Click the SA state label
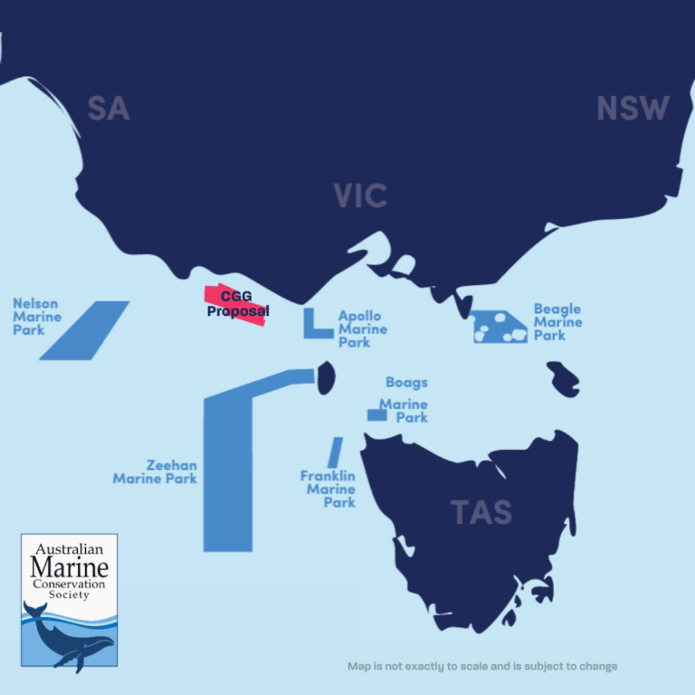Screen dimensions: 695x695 (x=109, y=109)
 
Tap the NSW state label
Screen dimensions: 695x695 (x=633, y=109)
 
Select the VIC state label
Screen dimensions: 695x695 (x=360, y=195)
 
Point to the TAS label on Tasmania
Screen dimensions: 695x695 (x=481, y=512)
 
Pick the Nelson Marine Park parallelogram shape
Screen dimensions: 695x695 (x=84, y=330)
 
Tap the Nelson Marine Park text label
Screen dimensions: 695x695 (x=37, y=317)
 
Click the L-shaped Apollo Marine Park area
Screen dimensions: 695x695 (x=313, y=328)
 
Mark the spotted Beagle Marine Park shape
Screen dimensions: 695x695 (x=500, y=327)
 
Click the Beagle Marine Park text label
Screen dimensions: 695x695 (x=557, y=322)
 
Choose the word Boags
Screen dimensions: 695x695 (x=406, y=383)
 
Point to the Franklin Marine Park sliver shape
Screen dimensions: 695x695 (x=335, y=452)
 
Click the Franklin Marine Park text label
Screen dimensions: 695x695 (x=328, y=490)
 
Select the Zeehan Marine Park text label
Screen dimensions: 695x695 (x=155, y=471)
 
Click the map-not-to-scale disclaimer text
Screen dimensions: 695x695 (x=482, y=666)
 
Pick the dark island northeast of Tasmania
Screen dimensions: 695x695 (x=564, y=377)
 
